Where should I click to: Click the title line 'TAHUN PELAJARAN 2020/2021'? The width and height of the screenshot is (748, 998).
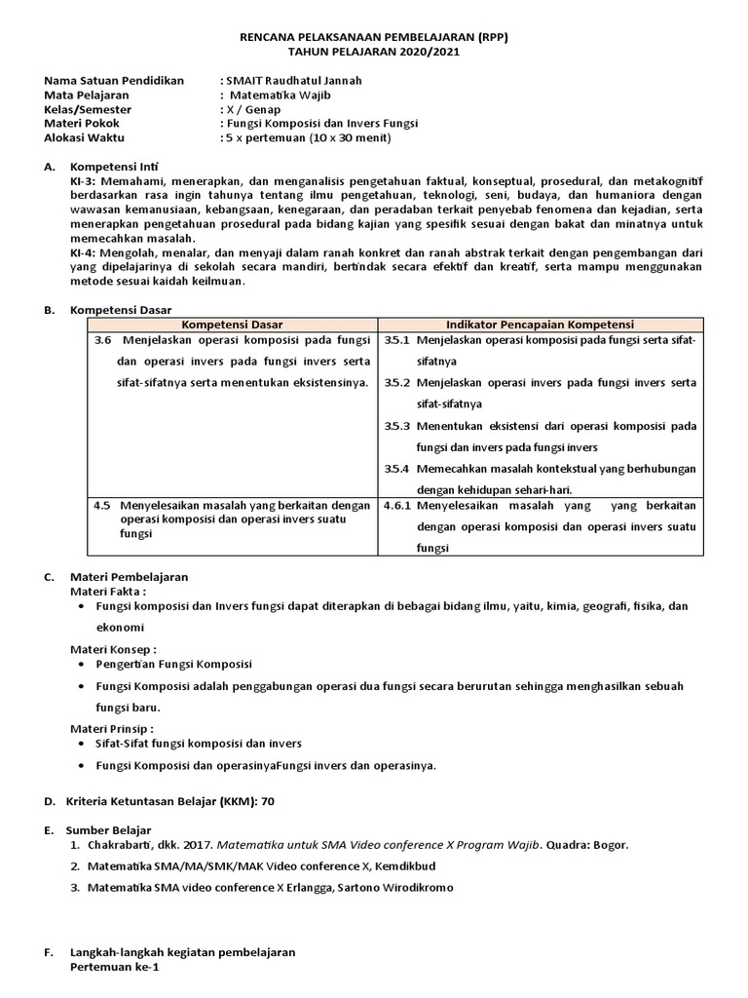[x=374, y=51]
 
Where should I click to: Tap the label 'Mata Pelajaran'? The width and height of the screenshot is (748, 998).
[x=89, y=96]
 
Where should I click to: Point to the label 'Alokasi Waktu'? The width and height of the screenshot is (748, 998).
[x=87, y=138]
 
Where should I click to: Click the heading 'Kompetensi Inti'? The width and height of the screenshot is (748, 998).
[x=116, y=168]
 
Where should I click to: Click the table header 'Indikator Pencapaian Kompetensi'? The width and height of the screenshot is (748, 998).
[x=540, y=324]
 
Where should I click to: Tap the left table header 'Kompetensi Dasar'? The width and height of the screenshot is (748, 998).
[x=226, y=324]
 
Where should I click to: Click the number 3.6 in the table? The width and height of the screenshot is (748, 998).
[x=103, y=340]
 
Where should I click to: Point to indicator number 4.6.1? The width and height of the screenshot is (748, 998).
[x=398, y=506]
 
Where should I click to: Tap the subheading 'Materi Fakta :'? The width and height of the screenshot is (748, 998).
[x=108, y=591]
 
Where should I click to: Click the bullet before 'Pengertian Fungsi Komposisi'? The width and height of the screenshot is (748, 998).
[x=80, y=664]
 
